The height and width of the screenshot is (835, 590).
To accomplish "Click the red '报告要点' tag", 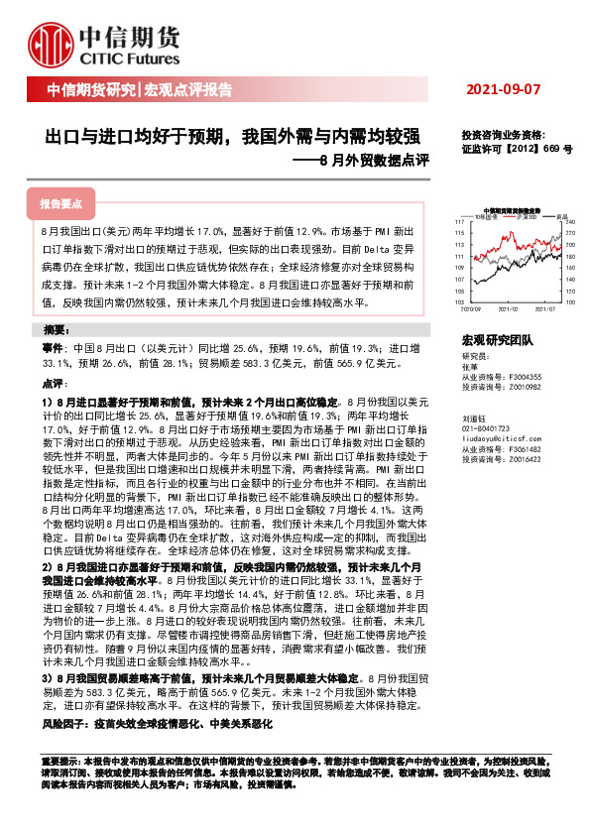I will pyautogui.click(x=61, y=203).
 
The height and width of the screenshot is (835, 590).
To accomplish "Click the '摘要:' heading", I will pyautogui.click(x=58, y=329).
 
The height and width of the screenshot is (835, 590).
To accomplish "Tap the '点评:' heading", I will pyautogui.click(x=54, y=383).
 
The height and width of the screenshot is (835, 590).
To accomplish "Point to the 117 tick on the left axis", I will pyautogui.click(x=459, y=220).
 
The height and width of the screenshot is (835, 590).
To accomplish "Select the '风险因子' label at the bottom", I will pyautogui.click(x=62, y=725).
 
